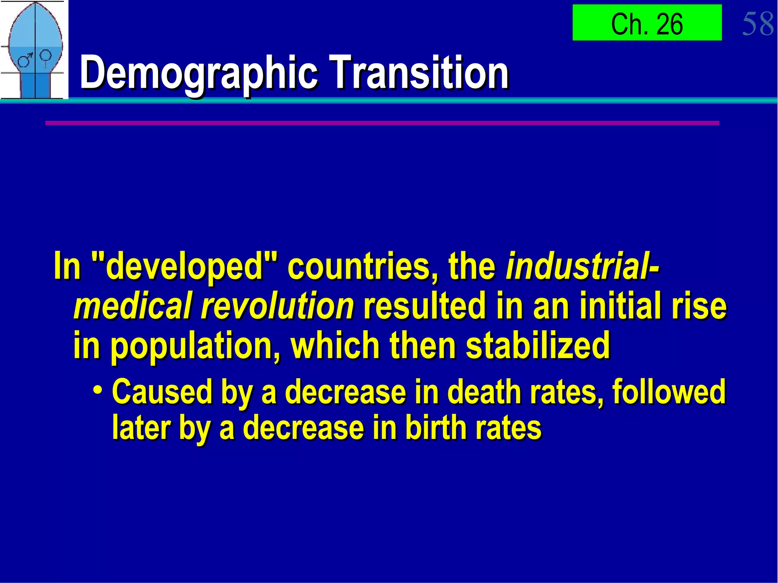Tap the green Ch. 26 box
coord(647,23)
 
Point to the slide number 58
coord(757,24)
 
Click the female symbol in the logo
coord(46,57)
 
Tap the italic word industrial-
coord(583,265)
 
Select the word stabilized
coord(538,345)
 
